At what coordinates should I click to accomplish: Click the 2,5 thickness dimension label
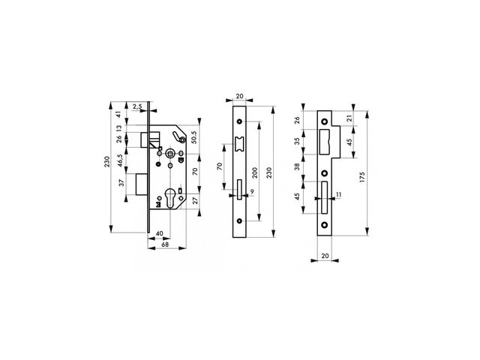coord(137,106)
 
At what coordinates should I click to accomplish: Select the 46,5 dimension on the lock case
coord(119,160)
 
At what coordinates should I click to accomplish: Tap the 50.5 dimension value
coord(195,137)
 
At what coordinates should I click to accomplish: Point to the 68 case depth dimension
coord(165,245)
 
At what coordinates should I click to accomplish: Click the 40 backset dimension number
coord(159,233)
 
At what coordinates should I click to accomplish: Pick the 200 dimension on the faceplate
coord(255,173)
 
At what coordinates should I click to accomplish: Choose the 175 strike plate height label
coord(362,178)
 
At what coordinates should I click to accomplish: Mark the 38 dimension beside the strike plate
coord(298,166)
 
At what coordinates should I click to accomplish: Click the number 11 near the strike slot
coord(338,194)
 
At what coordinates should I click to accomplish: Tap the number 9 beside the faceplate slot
coord(252,192)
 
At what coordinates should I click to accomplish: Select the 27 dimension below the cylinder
coord(195,201)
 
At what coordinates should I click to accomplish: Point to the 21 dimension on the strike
coord(349,118)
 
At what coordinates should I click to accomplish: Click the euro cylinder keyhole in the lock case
coord(170,198)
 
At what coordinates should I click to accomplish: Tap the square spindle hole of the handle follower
coord(170,153)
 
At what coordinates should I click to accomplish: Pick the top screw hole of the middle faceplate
coord(240,121)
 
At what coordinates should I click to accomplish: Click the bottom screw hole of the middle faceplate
coord(240,220)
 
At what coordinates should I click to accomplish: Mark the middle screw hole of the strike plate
coord(325,173)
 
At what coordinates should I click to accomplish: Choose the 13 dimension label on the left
coord(119,127)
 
